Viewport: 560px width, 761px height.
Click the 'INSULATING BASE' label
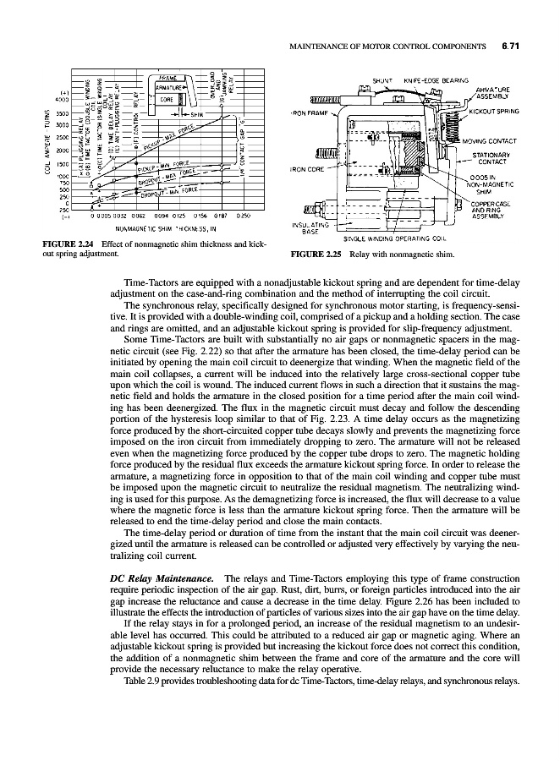[309, 228]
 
